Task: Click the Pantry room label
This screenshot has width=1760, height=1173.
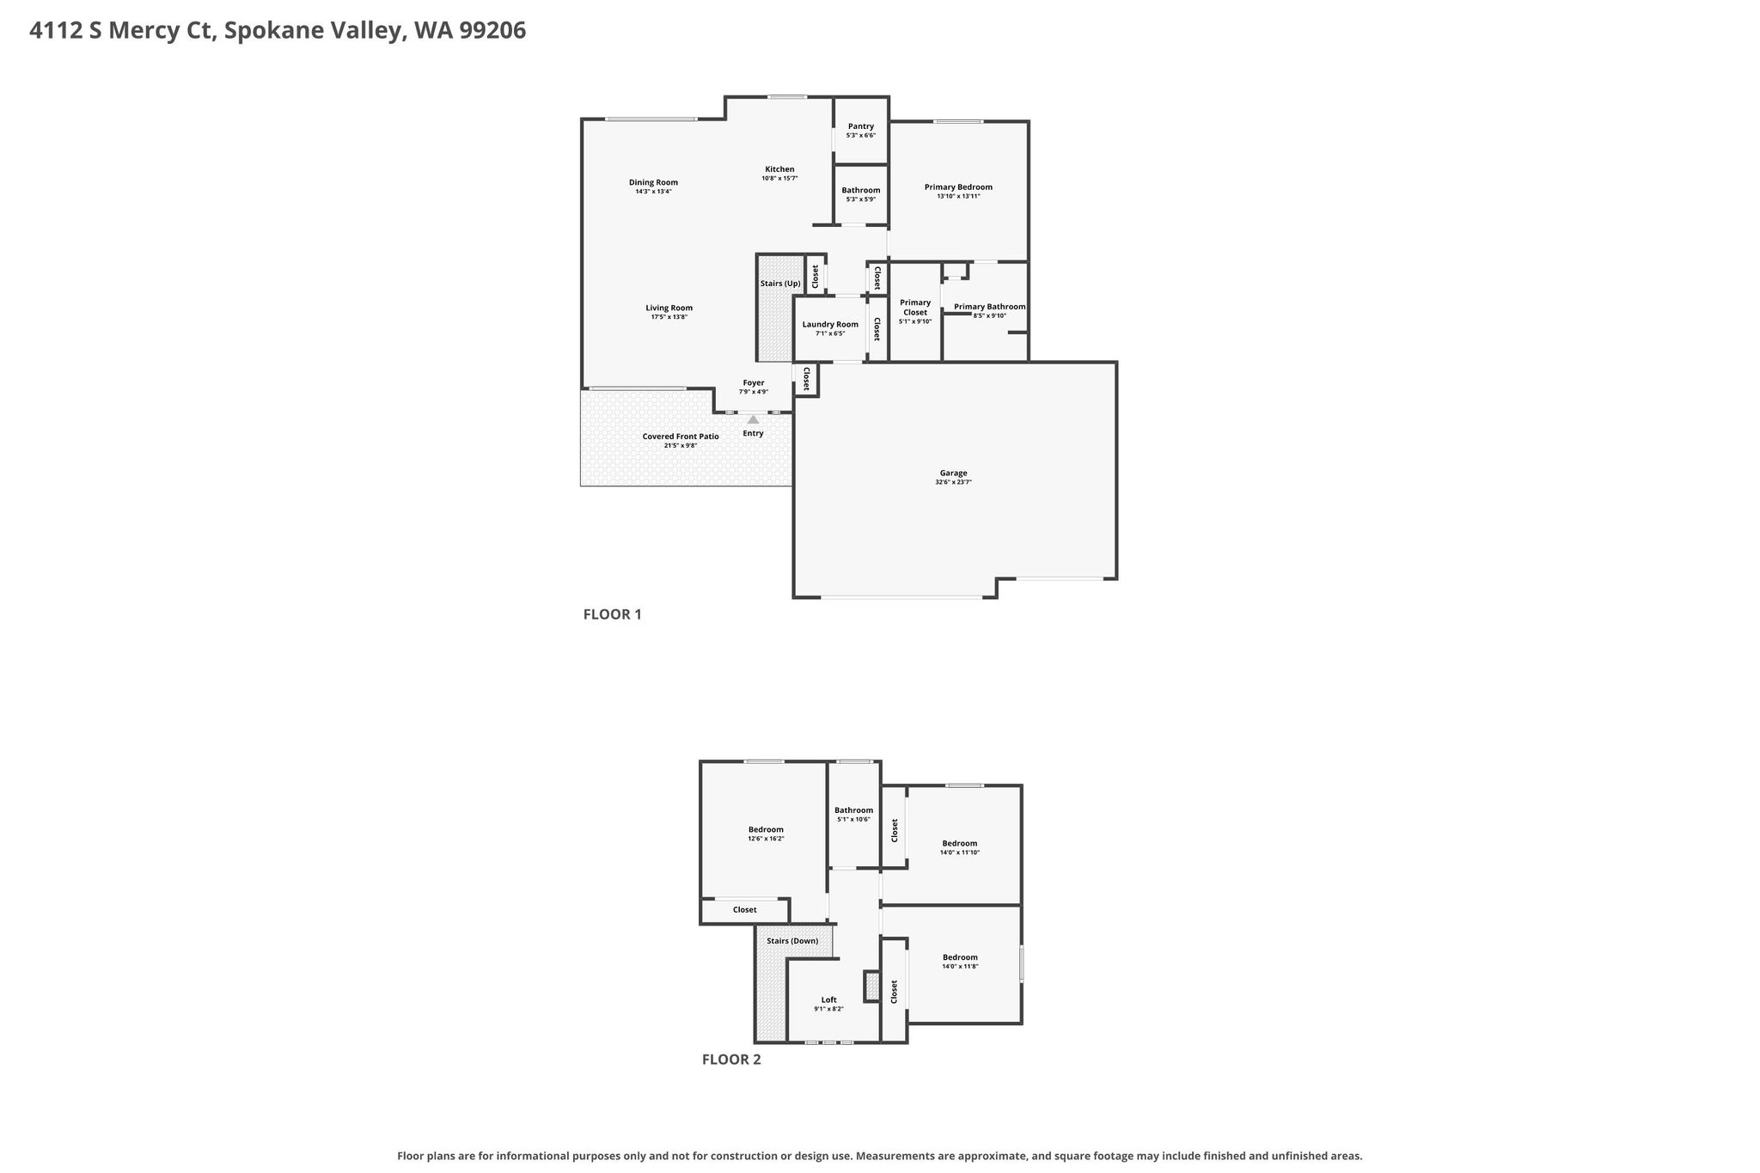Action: click(x=860, y=126)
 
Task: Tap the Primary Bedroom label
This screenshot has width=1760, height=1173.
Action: click(x=958, y=186)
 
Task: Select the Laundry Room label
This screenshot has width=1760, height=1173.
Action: click(x=830, y=324)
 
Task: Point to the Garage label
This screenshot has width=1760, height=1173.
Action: click(x=953, y=473)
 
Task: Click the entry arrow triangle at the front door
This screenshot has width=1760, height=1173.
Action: click(x=753, y=419)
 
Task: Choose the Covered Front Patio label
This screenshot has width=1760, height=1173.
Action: click(x=681, y=437)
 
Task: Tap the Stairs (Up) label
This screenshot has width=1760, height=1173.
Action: click(x=780, y=284)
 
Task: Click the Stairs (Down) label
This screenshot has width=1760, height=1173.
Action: click(x=792, y=941)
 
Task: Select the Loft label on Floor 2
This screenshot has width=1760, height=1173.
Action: click(x=828, y=999)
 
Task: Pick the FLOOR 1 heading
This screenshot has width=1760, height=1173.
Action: click(x=613, y=614)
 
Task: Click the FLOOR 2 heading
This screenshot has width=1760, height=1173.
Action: click(x=731, y=1060)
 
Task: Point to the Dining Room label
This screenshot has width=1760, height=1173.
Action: click(x=653, y=182)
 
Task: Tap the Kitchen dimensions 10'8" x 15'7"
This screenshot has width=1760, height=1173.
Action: click(x=779, y=178)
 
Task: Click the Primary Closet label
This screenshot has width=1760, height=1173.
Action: click(x=915, y=307)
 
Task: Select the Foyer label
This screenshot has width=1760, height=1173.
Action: click(x=753, y=382)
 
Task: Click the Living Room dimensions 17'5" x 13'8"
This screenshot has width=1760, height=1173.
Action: click(x=669, y=317)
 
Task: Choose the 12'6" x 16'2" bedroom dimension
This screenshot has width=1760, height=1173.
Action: click(x=766, y=839)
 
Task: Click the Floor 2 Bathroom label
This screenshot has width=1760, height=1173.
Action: click(x=853, y=809)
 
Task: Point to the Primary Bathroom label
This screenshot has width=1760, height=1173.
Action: click(x=989, y=307)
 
